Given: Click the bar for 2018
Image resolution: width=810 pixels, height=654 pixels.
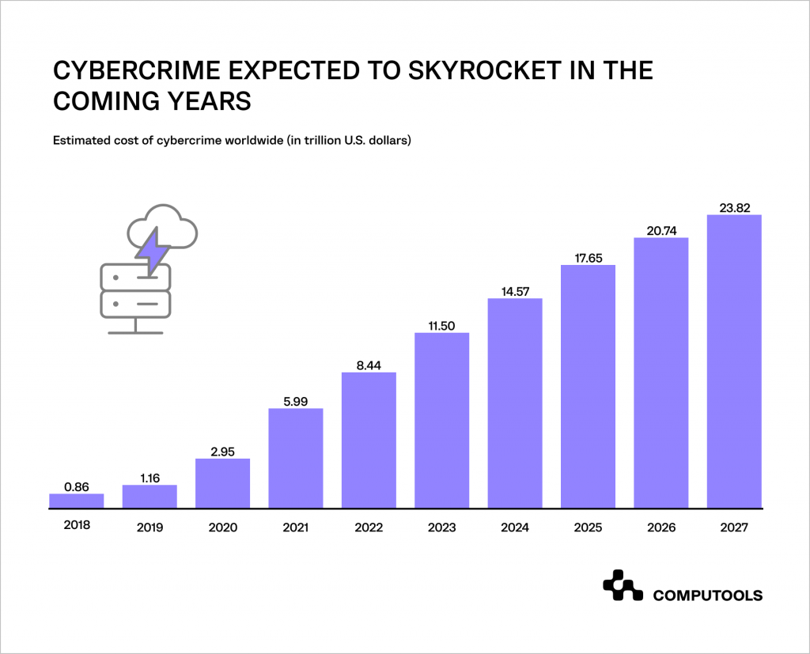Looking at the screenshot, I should click(76, 501).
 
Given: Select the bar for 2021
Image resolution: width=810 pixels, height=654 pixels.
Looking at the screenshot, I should click(296, 458).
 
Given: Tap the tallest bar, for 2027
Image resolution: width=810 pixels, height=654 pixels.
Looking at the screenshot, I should click(734, 361).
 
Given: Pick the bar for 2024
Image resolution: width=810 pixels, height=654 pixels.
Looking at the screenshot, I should click(515, 403).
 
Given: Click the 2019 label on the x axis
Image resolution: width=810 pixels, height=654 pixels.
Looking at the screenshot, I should click(150, 526).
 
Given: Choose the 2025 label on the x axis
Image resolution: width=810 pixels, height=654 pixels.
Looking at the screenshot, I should click(588, 526).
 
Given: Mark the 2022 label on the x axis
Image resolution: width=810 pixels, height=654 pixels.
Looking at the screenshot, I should click(369, 526).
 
